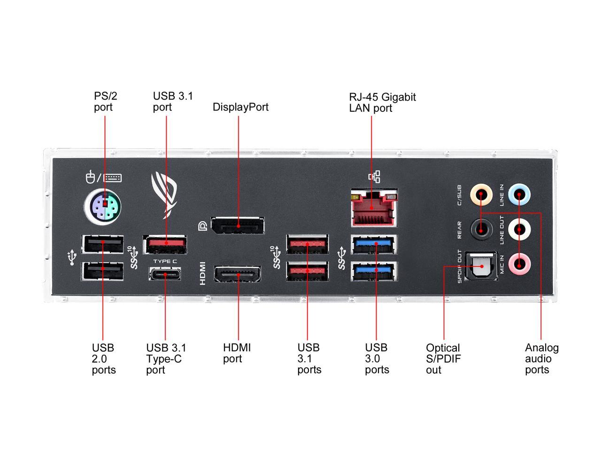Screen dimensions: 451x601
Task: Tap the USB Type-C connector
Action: [165, 273]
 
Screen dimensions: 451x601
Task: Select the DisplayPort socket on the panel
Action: [238, 225]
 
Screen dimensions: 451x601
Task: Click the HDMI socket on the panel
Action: [238, 274]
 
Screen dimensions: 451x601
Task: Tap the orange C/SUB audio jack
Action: [482, 194]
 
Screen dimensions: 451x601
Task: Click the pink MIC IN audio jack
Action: [519, 264]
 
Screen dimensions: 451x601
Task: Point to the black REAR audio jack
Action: [482, 229]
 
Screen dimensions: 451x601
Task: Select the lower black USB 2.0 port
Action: [103, 272]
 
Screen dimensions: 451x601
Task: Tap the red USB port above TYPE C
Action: [165, 244]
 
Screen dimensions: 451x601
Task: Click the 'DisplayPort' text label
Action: [240, 107]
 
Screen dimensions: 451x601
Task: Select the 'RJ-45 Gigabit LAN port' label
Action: [382, 102]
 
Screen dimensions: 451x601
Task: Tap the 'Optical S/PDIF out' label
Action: [443, 359]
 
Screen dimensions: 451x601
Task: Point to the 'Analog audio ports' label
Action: [541, 359]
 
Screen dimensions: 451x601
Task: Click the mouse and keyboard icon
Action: [103, 178]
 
